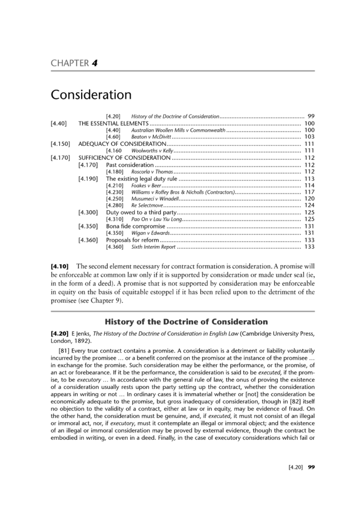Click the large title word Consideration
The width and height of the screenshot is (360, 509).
tap(91, 95)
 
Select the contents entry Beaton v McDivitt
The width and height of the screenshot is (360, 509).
tap(151, 137)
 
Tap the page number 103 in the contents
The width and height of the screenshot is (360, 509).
tap(309, 137)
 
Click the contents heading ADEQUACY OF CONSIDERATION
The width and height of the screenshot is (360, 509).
tap(122, 144)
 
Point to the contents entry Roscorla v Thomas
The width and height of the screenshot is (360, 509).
tap(152, 172)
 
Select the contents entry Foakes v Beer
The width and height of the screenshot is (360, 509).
tap(146, 186)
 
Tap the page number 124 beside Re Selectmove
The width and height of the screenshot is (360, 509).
tap(309, 205)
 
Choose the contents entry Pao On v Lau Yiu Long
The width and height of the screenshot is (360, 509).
tap(157, 219)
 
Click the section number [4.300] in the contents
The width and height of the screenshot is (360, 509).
tap(88, 213)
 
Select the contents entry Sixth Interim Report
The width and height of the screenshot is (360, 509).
tap(153, 247)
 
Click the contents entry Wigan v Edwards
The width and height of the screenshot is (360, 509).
tap(150, 233)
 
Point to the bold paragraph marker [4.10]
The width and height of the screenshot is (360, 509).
tap(59, 266)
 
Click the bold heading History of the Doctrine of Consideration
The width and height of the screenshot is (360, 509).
tap(186, 322)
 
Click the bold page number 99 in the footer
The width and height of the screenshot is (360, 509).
tap(311, 467)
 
